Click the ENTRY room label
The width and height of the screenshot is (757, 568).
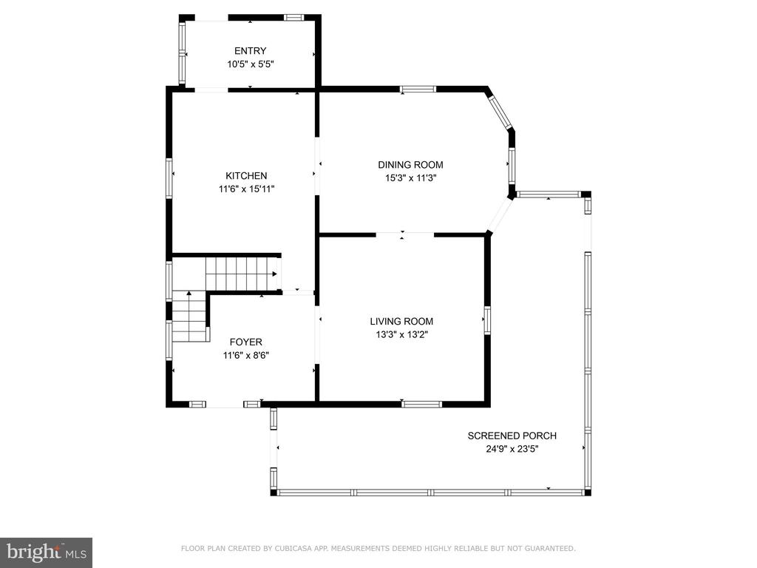pyautogui.click(x=250, y=51)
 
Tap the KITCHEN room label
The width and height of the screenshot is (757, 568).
pyautogui.click(x=246, y=176)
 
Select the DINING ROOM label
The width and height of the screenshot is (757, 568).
pyautogui.click(x=410, y=165)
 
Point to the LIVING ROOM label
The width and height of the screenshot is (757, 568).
pyautogui.click(x=401, y=321)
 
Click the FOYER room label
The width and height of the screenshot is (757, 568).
pyautogui.click(x=245, y=342)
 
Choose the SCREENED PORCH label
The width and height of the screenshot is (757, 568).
pyautogui.click(x=512, y=436)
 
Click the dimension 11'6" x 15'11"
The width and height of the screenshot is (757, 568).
pyautogui.click(x=246, y=189)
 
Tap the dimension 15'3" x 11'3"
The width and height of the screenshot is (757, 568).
pyautogui.click(x=410, y=177)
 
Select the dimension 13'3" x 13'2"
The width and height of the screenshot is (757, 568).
pyautogui.click(x=401, y=334)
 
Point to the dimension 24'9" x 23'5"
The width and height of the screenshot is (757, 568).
pyautogui.click(x=512, y=449)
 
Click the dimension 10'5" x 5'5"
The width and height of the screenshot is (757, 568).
pyautogui.click(x=251, y=64)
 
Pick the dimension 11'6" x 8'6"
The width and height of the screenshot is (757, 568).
pyautogui.click(x=245, y=356)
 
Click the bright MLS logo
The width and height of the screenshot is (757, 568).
pyautogui.click(x=47, y=552)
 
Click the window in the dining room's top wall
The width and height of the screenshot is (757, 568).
pyautogui.click(x=418, y=89)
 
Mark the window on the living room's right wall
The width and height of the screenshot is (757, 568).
pyautogui.click(x=488, y=320)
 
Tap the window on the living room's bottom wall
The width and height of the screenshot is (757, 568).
pyautogui.click(x=422, y=405)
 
